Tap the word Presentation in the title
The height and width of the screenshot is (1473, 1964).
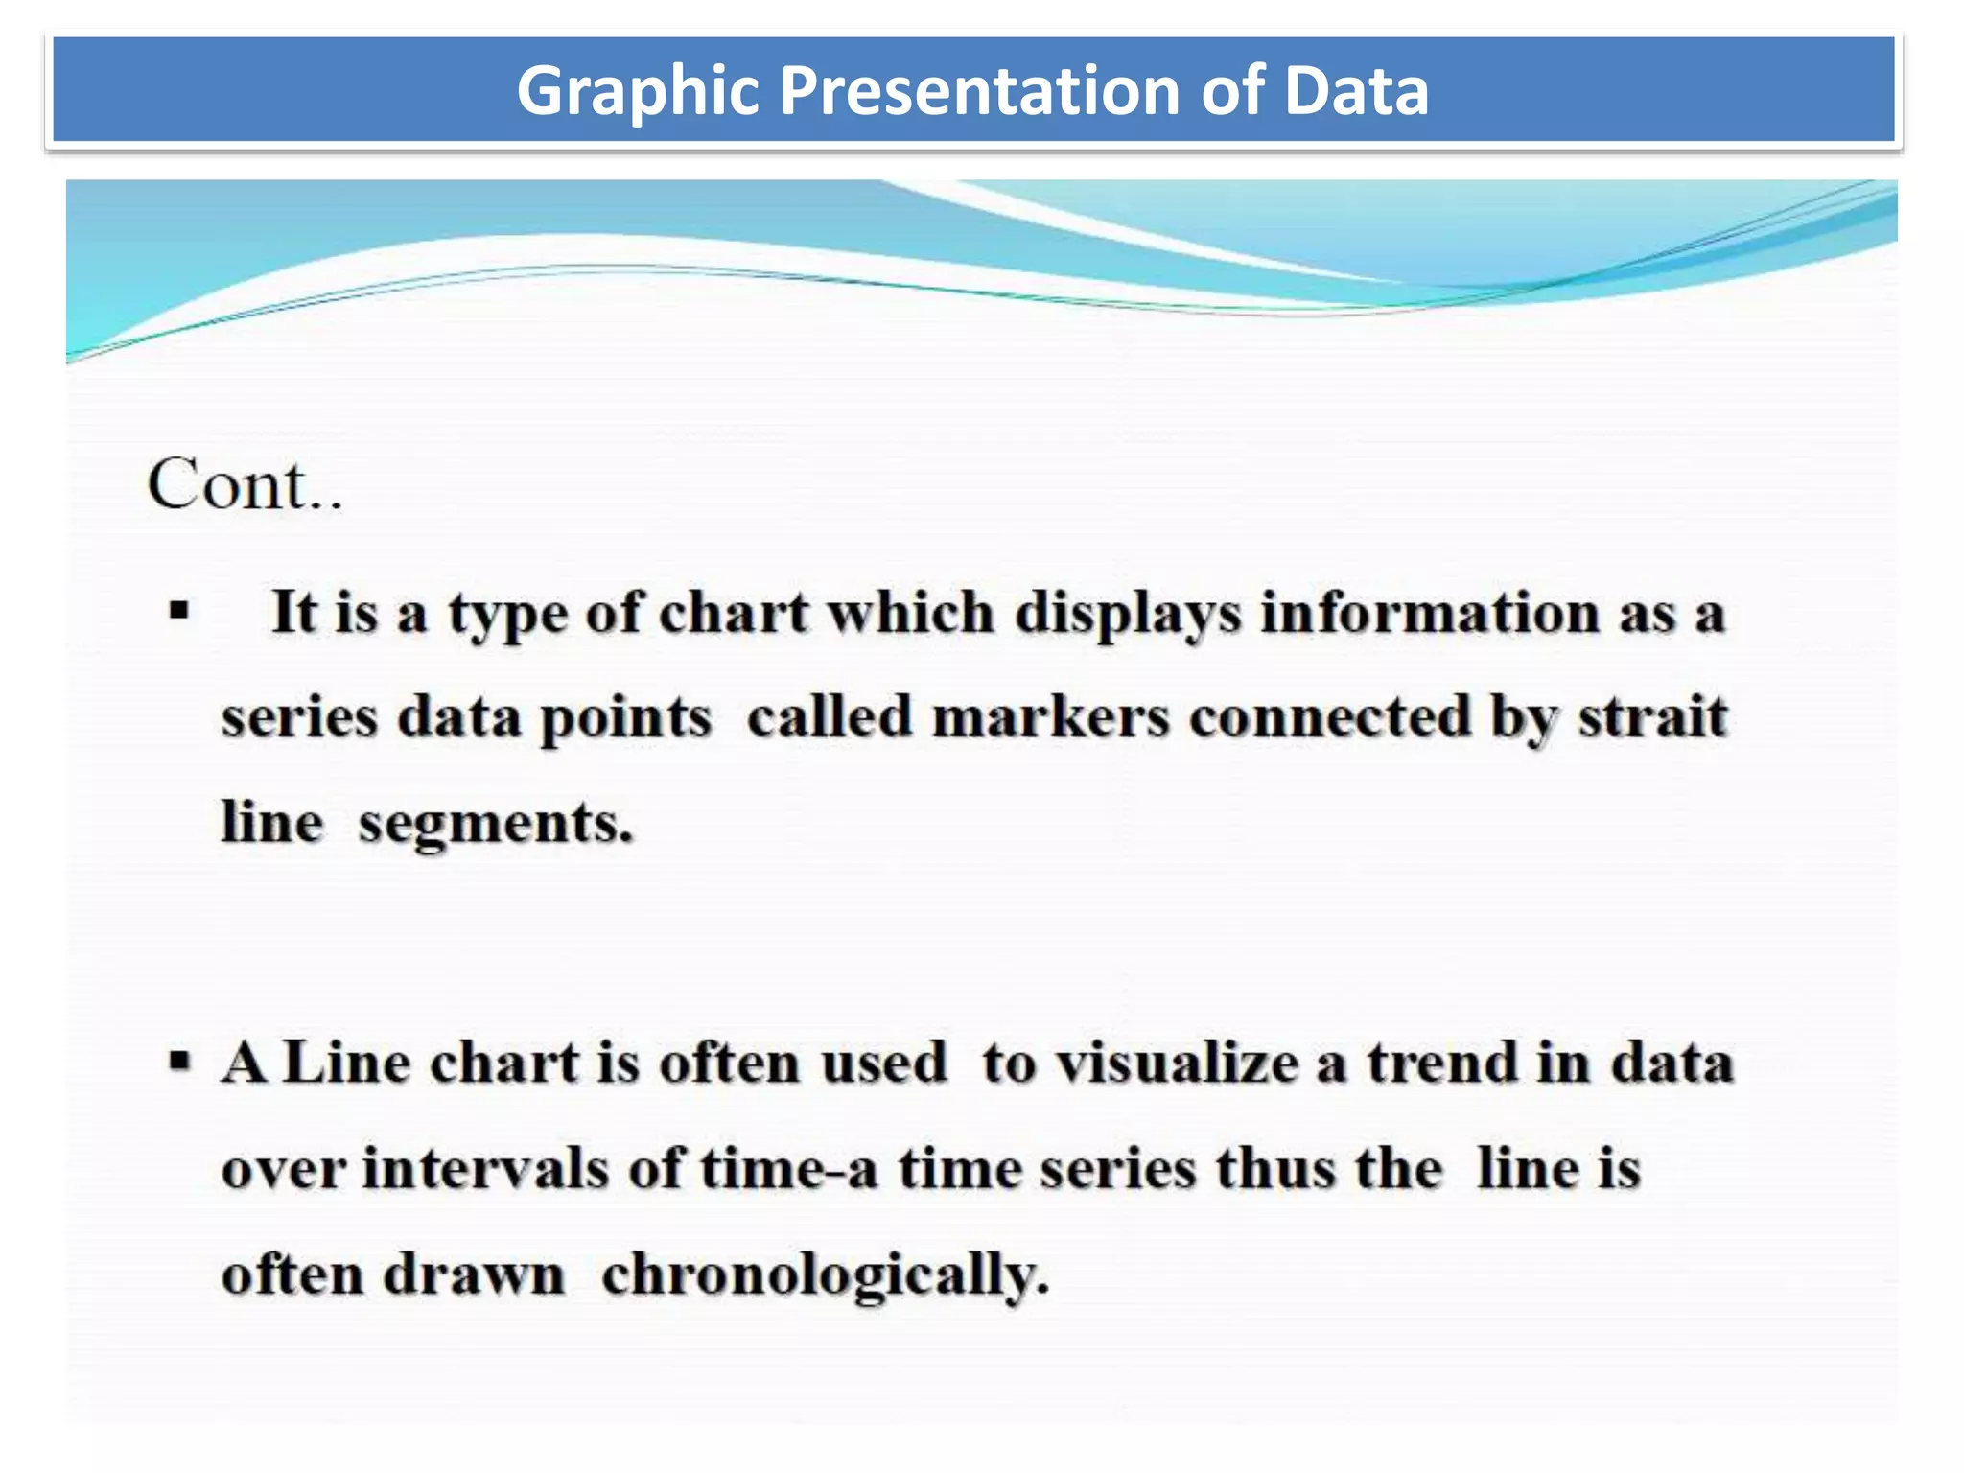click(x=979, y=90)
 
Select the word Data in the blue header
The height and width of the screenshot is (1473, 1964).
click(x=1356, y=90)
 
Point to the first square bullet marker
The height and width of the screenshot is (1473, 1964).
click(x=179, y=611)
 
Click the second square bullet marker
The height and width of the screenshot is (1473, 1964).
click(x=179, y=1062)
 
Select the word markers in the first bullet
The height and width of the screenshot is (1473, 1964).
click(x=1051, y=717)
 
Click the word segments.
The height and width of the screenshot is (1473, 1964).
click(x=496, y=824)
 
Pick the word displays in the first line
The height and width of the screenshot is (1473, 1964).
click(x=1129, y=613)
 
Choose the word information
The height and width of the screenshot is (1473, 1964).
click(x=1429, y=613)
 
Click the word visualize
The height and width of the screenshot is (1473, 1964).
click(x=1178, y=1064)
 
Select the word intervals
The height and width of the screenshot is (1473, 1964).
click(x=485, y=1169)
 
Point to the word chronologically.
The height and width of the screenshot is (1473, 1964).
click(x=826, y=1276)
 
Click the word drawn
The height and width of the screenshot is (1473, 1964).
click(x=474, y=1276)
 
